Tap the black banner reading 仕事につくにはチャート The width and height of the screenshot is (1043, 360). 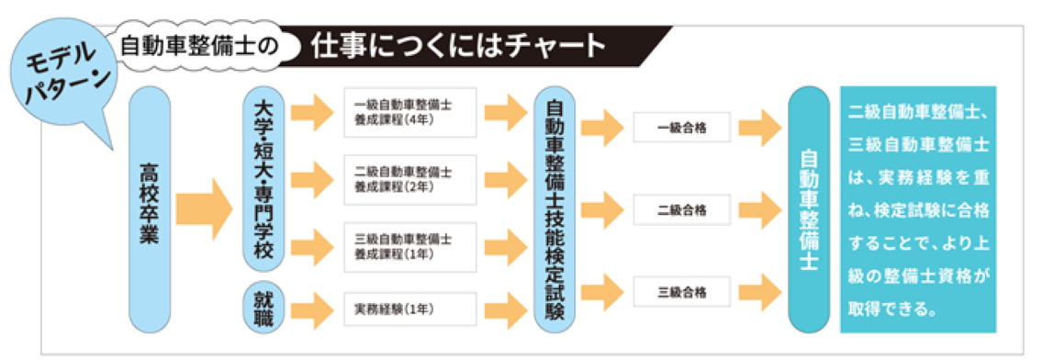(x=459, y=43)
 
